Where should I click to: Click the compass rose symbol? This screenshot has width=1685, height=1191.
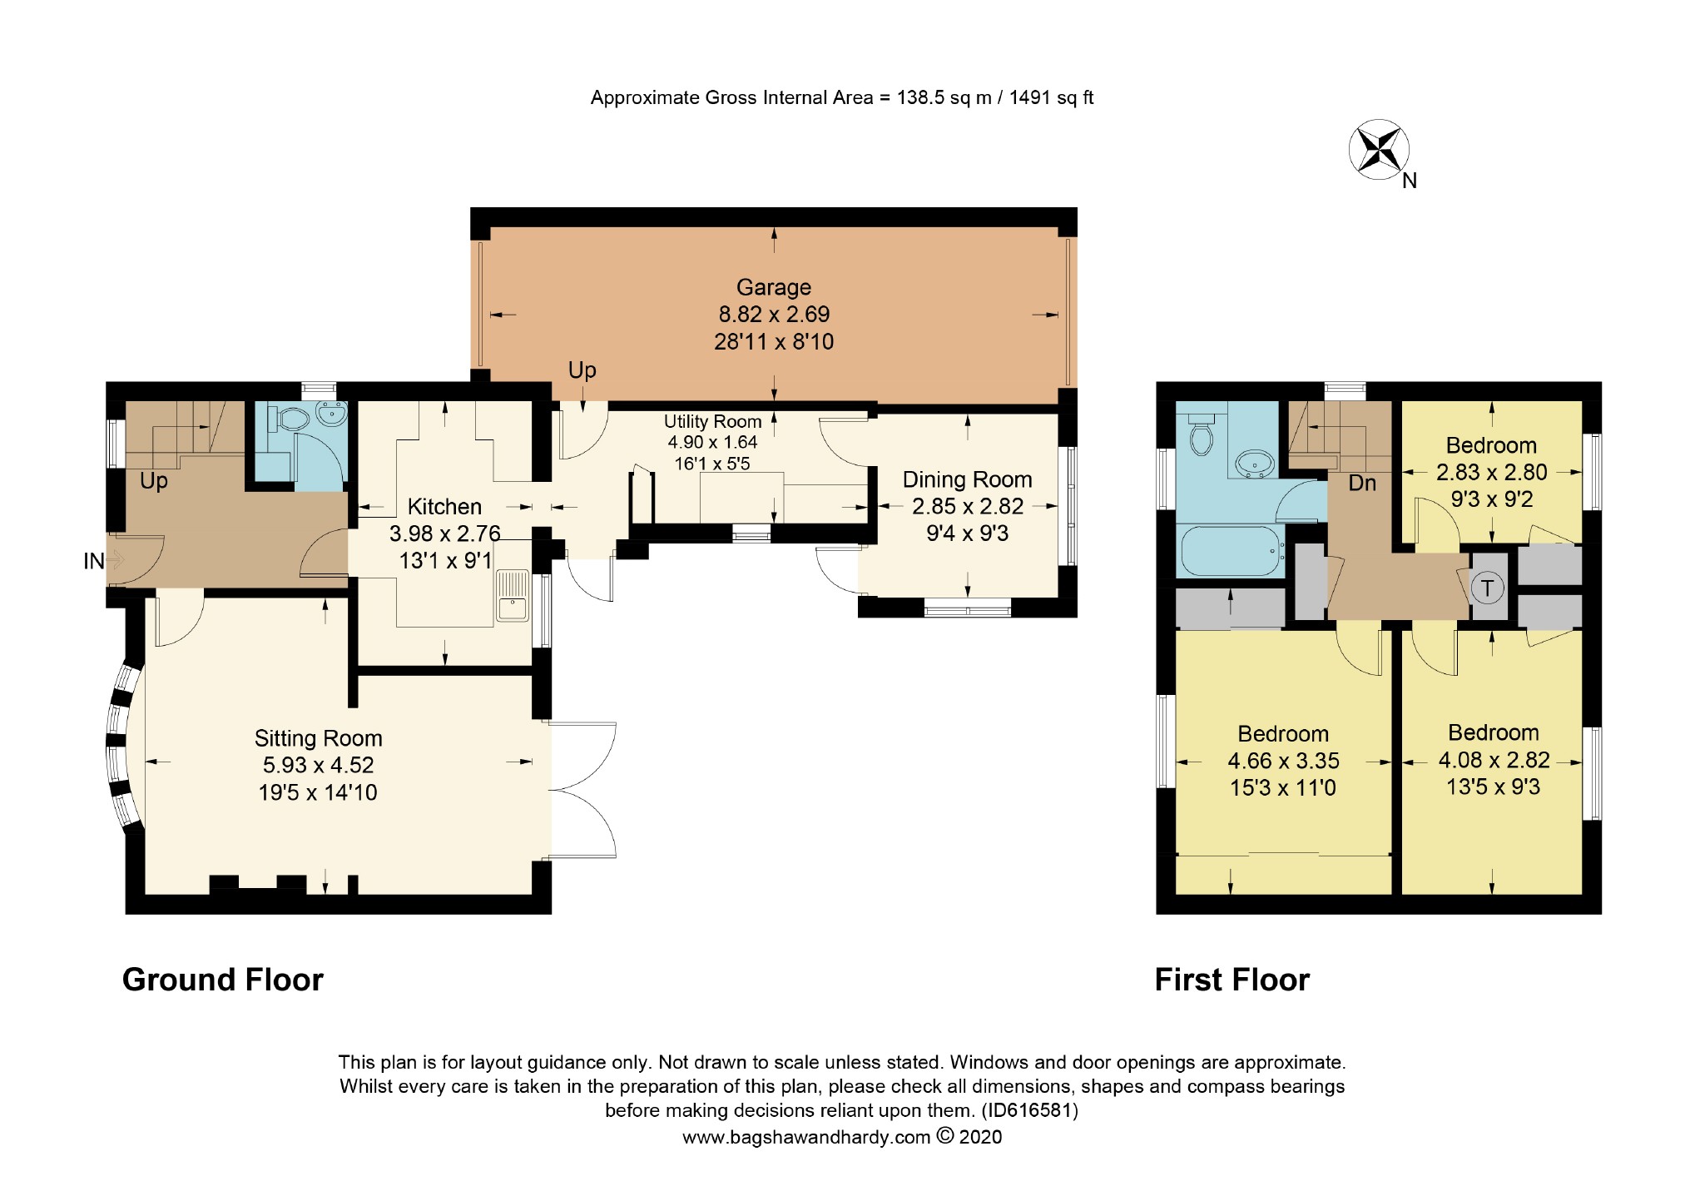tap(1379, 149)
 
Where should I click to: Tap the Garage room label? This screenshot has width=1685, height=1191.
tap(774, 287)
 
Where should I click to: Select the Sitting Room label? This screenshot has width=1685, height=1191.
tap(319, 738)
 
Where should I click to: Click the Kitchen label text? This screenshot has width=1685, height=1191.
tap(444, 506)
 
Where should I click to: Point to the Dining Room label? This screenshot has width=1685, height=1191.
tap(968, 479)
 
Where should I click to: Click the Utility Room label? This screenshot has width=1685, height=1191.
tap(713, 421)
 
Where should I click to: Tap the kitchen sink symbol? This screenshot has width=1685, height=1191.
tap(513, 595)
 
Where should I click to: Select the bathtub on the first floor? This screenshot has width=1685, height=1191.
tap(1232, 550)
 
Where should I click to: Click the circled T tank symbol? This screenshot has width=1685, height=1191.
tap(1488, 588)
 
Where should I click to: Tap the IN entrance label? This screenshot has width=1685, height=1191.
tap(94, 562)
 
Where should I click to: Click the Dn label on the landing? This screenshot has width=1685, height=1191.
tap(1362, 483)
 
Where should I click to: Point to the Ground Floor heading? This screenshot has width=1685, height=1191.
tap(223, 980)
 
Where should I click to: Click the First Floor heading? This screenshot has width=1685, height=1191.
tap(1232, 980)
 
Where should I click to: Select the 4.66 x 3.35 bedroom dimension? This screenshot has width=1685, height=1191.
tap(1284, 761)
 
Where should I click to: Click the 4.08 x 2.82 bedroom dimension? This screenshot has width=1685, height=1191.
tap(1494, 760)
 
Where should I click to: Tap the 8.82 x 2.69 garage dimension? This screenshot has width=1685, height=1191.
tap(775, 315)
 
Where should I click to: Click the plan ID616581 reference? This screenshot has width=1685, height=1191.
tap(1029, 1110)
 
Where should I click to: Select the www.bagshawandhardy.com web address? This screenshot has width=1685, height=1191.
tap(806, 1138)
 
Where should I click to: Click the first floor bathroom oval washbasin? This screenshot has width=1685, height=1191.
tap(1253, 463)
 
